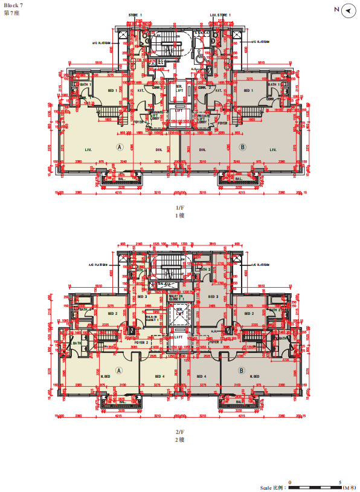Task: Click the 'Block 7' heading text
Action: (13, 5)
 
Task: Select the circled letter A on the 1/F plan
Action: (120, 146)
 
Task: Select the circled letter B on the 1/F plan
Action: (242, 146)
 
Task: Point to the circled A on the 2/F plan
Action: (120, 371)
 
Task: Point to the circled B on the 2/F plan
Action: (242, 371)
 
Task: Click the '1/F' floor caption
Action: (179, 207)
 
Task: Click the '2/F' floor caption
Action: (179, 432)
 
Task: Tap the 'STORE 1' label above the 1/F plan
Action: (135, 14)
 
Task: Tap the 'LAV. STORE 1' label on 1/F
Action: (220, 14)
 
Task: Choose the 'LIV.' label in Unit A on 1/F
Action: (88, 149)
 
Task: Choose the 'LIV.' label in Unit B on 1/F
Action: (273, 149)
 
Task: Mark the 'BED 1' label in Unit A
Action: (112, 91)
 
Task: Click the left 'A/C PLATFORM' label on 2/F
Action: (98, 265)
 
